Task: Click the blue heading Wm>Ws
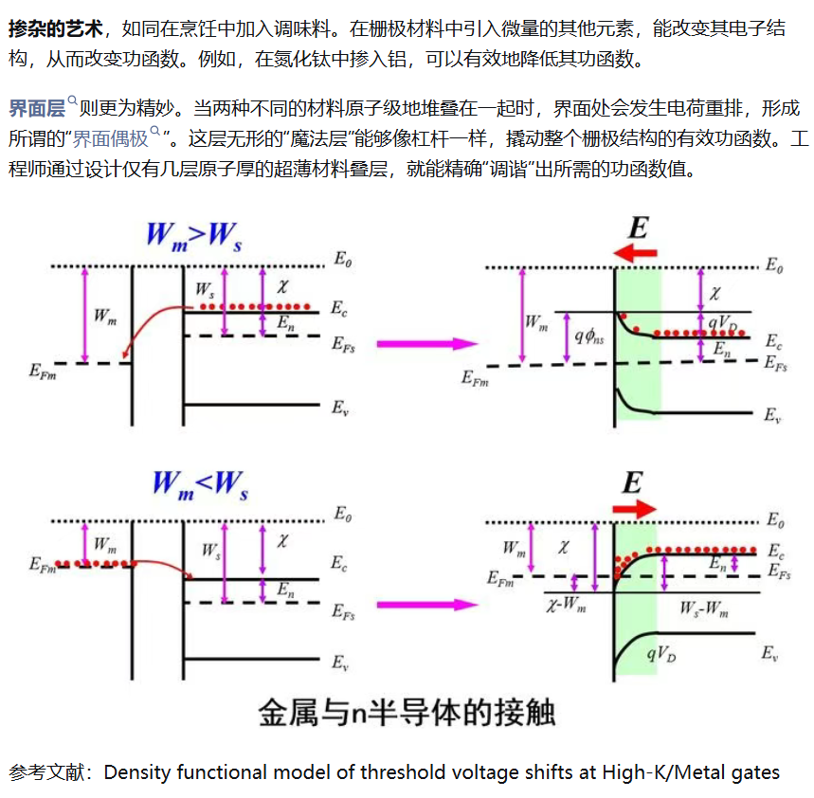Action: tap(194, 237)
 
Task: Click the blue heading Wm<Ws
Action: tap(200, 485)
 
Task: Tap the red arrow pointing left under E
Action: tap(635, 253)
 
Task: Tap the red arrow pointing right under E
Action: tap(634, 509)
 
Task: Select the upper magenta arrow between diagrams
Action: tap(426, 344)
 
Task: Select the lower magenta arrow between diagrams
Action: tap(426, 605)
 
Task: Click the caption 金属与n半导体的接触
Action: tap(407, 713)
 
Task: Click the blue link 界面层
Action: tap(37, 108)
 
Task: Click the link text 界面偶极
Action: tap(110, 138)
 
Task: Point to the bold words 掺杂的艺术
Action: tap(56, 28)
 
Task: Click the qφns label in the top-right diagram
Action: tap(589, 337)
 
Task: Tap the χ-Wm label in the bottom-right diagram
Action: tap(566, 605)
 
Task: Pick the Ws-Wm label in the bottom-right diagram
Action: tap(704, 608)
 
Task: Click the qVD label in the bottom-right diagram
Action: tap(661, 654)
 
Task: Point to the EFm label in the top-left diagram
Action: tap(43, 372)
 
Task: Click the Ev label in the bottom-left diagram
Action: tap(340, 663)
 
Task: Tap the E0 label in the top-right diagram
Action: tap(774, 265)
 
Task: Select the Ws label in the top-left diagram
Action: tap(205, 290)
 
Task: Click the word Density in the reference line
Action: tap(137, 772)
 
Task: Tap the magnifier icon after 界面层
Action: tap(73, 100)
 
